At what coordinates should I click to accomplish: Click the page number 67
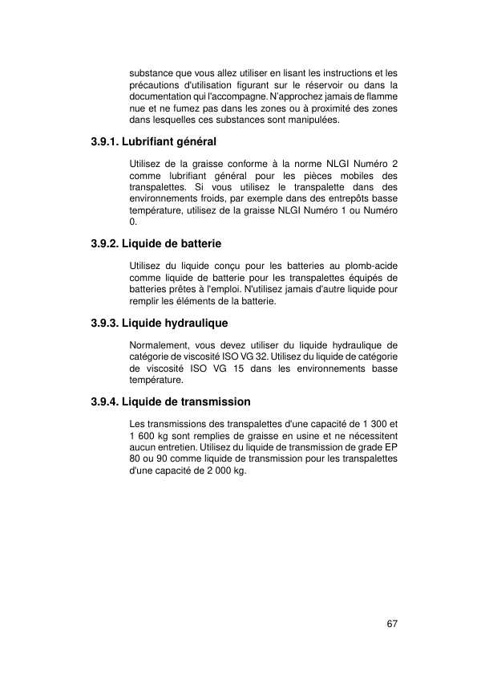click(392, 624)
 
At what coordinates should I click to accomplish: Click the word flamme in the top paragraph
click(382, 96)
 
